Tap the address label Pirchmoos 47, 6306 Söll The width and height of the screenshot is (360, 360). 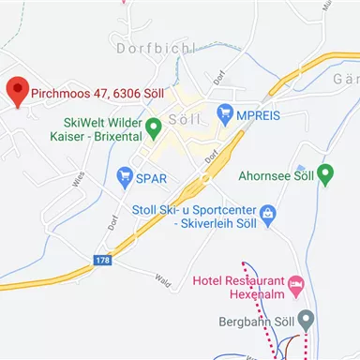(x=84, y=93)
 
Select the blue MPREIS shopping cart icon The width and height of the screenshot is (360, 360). (x=225, y=113)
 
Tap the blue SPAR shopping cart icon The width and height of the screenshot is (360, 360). (x=124, y=175)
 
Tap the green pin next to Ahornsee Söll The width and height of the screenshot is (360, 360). (x=325, y=173)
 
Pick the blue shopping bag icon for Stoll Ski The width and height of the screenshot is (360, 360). (x=268, y=215)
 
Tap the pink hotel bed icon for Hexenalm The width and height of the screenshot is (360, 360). (x=296, y=282)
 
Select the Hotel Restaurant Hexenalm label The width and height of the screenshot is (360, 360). (x=240, y=287)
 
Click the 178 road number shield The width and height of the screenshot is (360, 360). (x=103, y=261)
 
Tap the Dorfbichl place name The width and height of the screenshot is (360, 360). (x=155, y=47)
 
